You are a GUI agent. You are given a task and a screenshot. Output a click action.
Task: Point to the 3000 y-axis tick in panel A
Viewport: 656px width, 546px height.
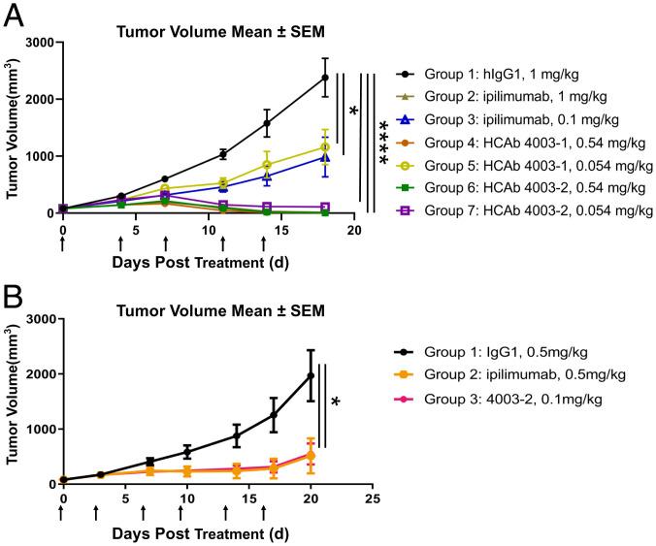pyautogui.click(x=37, y=42)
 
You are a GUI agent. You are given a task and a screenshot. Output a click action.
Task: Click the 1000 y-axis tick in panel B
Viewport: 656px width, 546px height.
pyautogui.click(x=37, y=429)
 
